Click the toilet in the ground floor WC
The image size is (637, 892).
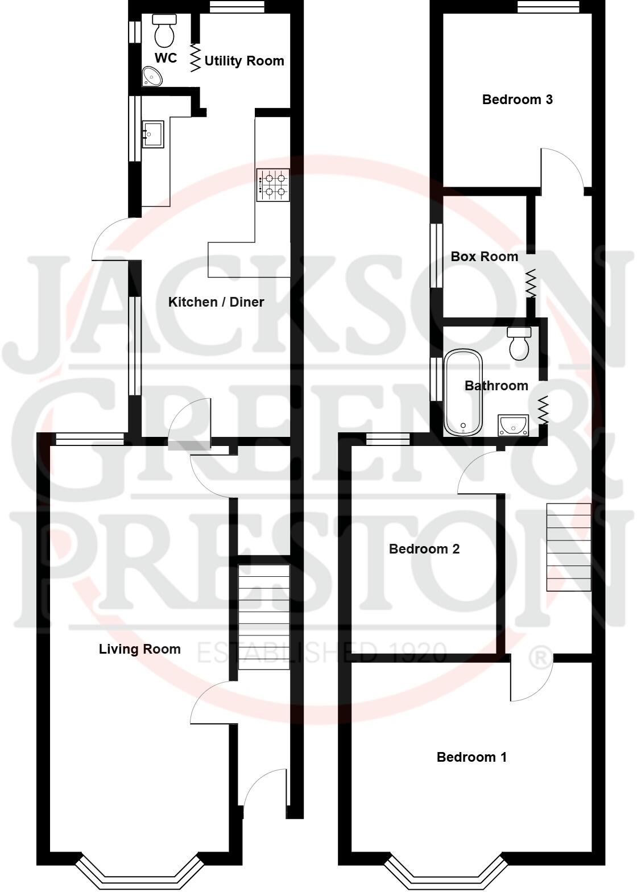pyautogui.click(x=165, y=31)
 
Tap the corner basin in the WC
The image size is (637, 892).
pyautogui.click(x=151, y=76)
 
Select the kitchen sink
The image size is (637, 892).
pyautogui.click(x=153, y=134)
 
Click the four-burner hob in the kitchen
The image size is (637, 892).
pyautogui.click(x=274, y=185)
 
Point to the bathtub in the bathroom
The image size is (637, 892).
pyautogui.click(x=464, y=393)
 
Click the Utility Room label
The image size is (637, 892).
pyautogui.click(x=244, y=61)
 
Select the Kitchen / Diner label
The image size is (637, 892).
pyautogui.click(x=216, y=302)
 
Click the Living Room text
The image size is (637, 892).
pyautogui.click(x=139, y=649)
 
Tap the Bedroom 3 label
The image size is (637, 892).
pyautogui.click(x=517, y=100)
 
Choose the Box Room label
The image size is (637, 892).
pyautogui.click(x=484, y=257)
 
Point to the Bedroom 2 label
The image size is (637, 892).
pyautogui.click(x=424, y=549)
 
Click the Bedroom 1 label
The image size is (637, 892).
pyautogui.click(x=471, y=757)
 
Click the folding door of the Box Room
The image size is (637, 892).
pyautogui.click(x=531, y=283)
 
